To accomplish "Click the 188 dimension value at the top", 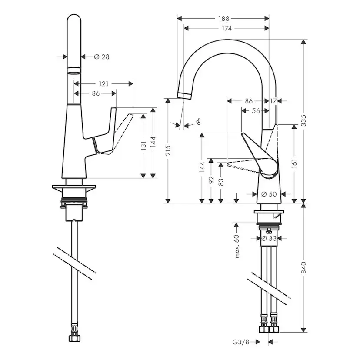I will click(x=224, y=18).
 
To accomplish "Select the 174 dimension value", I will click(x=227, y=28).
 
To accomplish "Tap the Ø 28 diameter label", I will click(x=101, y=57).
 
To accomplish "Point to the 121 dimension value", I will click(x=103, y=83).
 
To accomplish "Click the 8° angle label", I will click(x=198, y=122).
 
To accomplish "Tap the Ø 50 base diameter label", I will click(x=270, y=194).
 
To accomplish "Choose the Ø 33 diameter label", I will click(x=271, y=238).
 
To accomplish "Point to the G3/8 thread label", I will click(x=242, y=343).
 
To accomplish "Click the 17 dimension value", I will click(x=273, y=101).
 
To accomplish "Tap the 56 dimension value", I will click(x=256, y=111).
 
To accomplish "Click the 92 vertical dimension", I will click(x=211, y=180).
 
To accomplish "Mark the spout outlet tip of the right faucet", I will click(x=183, y=94).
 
